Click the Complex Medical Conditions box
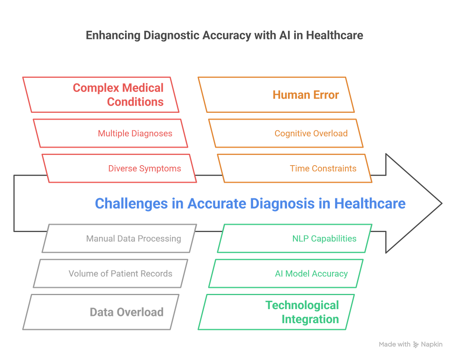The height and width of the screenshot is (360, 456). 101,95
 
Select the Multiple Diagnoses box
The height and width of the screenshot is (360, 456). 110,133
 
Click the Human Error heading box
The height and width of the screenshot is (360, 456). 276,95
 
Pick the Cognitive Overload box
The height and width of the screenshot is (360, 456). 285,133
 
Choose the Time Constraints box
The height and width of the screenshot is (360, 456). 294,168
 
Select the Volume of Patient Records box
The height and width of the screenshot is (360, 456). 110,273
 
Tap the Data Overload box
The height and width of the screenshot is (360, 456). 101,312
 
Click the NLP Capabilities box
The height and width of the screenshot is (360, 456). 294,238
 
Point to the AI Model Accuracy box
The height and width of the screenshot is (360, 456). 285,273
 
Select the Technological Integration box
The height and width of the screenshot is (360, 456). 276,312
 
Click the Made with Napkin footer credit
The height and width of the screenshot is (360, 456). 410,344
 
